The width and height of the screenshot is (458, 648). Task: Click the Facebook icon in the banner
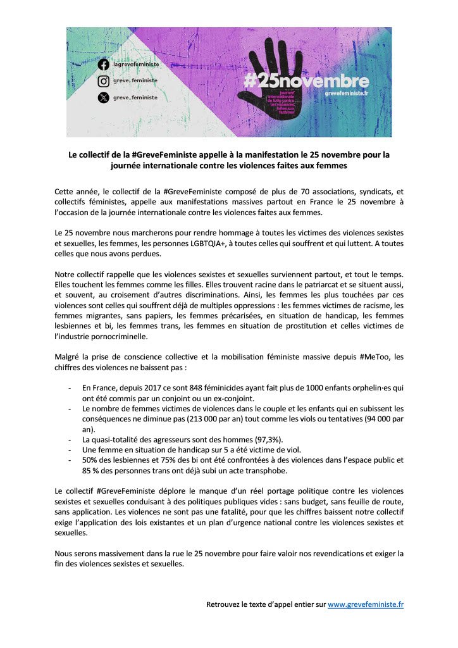tap(104, 65)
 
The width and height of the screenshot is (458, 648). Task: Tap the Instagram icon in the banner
tap(104, 81)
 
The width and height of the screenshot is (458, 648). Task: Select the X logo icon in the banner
tap(104, 97)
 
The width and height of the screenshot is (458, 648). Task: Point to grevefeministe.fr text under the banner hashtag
tap(346, 93)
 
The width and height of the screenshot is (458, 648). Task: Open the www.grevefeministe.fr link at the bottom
tap(366, 604)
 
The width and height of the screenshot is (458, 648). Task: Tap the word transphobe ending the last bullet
tap(264, 470)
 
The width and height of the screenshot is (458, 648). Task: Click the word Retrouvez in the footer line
tap(225, 604)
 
